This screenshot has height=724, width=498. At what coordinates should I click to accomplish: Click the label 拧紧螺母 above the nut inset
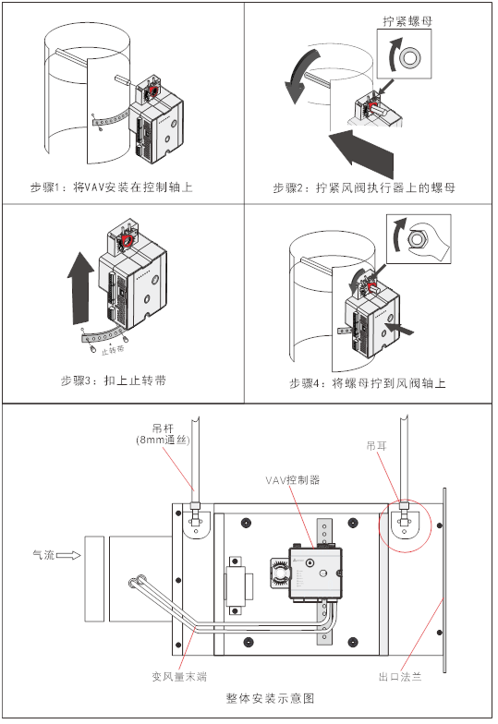pyautogui.click(x=407, y=21)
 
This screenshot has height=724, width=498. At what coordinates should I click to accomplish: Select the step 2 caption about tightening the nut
pyautogui.click(x=364, y=188)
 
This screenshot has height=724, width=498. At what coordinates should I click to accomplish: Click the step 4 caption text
pyautogui.click(x=368, y=383)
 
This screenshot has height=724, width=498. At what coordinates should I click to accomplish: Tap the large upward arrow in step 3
pyautogui.click(x=80, y=287)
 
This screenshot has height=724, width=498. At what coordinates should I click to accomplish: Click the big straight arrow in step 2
pyautogui.click(x=361, y=152)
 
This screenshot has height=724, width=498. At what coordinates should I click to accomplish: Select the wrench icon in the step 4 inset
pyautogui.click(x=425, y=238)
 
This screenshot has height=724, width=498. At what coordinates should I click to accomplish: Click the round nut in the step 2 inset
pyautogui.click(x=410, y=58)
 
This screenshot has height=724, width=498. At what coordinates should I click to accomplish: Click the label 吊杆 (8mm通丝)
pyautogui.click(x=163, y=434)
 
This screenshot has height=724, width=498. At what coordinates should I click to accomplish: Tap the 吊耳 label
pyautogui.click(x=376, y=445)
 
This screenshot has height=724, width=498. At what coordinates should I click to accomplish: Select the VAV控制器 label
pyautogui.click(x=292, y=480)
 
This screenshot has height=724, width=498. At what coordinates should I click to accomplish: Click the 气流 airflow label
pyautogui.click(x=43, y=554)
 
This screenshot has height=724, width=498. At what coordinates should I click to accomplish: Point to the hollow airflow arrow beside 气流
pyautogui.click(x=68, y=556)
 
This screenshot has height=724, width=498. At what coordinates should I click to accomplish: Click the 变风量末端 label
pyautogui.click(x=179, y=677)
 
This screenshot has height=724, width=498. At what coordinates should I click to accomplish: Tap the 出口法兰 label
pyautogui.click(x=400, y=677)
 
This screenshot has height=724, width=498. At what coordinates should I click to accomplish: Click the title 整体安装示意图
pyautogui.click(x=270, y=698)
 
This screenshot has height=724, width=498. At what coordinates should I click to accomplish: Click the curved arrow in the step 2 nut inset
pyautogui.click(x=392, y=54)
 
